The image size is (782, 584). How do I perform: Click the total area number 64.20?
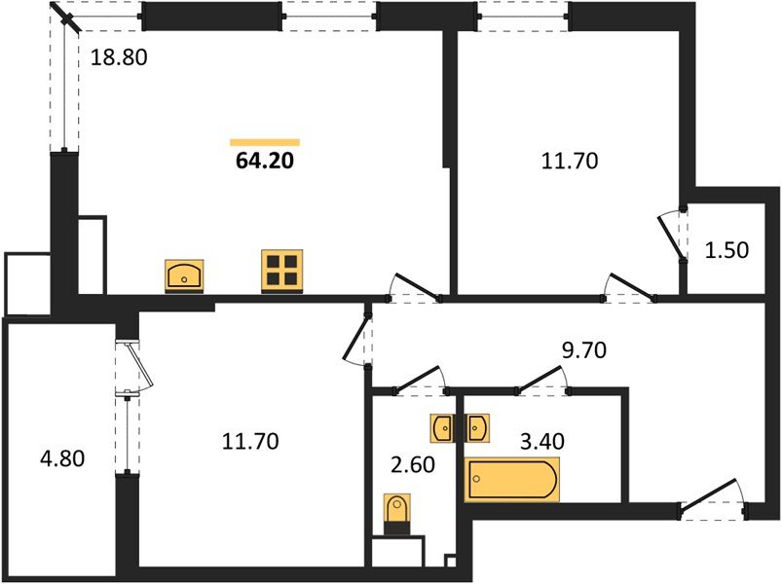point(265,161)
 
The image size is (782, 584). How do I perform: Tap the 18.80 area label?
point(119,57)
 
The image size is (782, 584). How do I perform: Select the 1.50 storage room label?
point(726,250)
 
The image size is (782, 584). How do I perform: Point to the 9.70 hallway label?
point(584,350)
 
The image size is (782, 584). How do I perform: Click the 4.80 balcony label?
point(62,458)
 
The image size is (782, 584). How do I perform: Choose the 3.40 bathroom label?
point(542,441)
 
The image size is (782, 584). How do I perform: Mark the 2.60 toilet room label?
point(413,464)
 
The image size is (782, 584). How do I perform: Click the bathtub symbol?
point(511,479)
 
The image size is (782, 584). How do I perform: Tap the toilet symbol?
point(397,514)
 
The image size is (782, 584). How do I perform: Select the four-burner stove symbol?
point(282,271)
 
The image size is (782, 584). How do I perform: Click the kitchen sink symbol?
point(184,275)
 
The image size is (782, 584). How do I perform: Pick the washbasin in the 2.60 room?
point(442,428)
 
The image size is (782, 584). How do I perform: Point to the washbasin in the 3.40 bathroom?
point(477,428)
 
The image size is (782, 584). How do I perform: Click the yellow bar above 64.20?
point(265,142)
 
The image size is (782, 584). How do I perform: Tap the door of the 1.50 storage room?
point(671,237)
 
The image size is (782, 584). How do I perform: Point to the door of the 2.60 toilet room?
point(420,380)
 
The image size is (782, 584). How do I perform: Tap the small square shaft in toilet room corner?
point(450,561)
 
